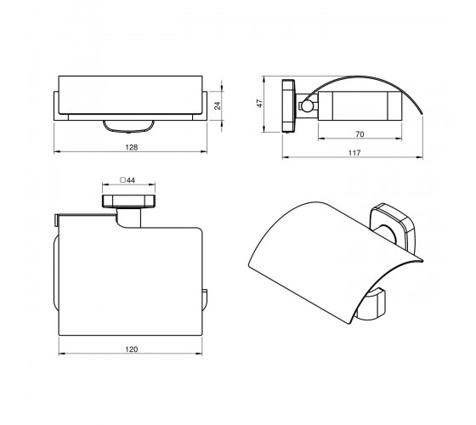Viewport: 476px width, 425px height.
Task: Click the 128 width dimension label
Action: (x=132, y=147)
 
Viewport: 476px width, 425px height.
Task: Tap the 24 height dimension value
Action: (x=218, y=105)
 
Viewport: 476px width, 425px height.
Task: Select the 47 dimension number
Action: (x=259, y=103)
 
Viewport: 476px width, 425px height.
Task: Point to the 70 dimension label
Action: (x=360, y=134)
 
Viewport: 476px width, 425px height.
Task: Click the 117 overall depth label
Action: (x=354, y=153)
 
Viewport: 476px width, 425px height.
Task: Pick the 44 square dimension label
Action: (x=131, y=180)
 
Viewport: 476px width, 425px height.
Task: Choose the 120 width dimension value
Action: (x=132, y=349)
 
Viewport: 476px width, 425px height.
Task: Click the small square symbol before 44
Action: (x=123, y=180)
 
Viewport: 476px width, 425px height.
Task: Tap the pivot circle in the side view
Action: (x=306, y=105)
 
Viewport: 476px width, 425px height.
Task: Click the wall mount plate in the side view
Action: (x=288, y=106)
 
